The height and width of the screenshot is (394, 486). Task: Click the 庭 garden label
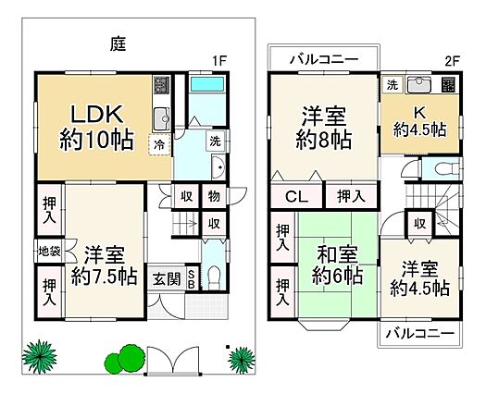(118, 44)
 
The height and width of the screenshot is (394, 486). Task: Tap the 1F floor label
(219, 61)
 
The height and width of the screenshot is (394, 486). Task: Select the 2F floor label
(453, 61)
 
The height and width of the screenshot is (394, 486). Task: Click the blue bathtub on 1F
(207, 84)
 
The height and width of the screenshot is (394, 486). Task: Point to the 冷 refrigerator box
(159, 144)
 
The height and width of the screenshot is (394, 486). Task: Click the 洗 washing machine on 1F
(216, 142)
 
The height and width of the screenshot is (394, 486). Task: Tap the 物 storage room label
(214, 196)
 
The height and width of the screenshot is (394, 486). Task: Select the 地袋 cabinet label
(49, 252)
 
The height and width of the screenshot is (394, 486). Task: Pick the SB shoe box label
(192, 279)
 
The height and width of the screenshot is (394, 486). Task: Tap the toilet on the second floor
(446, 169)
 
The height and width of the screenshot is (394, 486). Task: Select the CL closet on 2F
(296, 196)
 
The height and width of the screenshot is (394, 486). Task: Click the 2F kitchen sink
(419, 84)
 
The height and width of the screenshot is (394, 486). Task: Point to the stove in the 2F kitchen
(449, 85)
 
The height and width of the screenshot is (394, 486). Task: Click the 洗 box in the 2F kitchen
(393, 84)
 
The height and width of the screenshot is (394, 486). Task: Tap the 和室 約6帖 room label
(337, 265)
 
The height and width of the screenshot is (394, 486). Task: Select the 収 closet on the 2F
(420, 224)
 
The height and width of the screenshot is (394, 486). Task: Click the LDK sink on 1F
(161, 119)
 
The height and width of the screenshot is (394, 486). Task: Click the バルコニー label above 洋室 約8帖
(324, 59)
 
